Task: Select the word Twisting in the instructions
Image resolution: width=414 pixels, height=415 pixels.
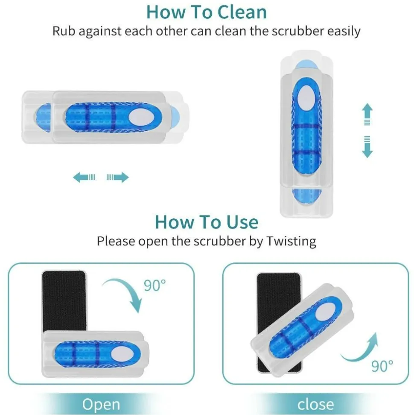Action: coord(291,241)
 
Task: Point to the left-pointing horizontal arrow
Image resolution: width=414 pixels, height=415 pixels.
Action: coord(84,177)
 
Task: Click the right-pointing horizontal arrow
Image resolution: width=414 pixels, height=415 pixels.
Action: coord(118,177)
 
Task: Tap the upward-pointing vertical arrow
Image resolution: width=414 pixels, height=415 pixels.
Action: coord(367,114)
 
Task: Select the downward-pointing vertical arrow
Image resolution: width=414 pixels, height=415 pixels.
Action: coord(367,147)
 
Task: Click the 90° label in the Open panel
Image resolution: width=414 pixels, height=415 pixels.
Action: coord(155,285)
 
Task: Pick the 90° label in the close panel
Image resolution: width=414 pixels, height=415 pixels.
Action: coord(382,366)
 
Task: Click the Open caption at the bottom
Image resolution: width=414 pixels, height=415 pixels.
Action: coord(101,405)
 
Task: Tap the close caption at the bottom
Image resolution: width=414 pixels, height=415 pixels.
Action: coord(315,404)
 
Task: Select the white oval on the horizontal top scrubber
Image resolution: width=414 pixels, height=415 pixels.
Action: coord(140,117)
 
